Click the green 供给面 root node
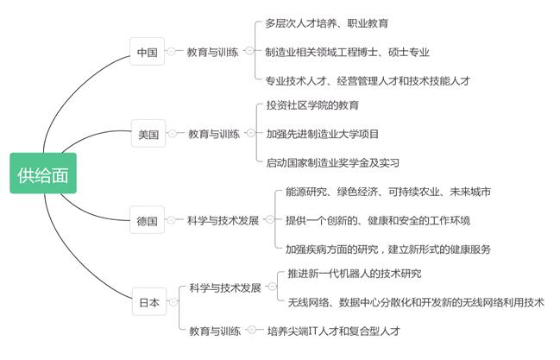(43, 174)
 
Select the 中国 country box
(148, 51)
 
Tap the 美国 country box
(148, 133)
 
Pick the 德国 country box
(148, 220)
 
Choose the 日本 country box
(149, 302)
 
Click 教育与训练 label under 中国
(212, 52)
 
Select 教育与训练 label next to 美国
(214, 134)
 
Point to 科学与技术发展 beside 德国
(223, 220)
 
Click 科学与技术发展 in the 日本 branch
(225, 287)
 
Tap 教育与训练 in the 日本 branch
(215, 331)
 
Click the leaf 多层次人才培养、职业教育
(326, 23)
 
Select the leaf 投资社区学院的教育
(312, 105)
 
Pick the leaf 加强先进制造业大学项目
(323, 134)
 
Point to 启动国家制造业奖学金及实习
(333, 162)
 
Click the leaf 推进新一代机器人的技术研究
(355, 274)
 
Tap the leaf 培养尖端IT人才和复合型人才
(334, 331)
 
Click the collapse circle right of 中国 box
(172, 51)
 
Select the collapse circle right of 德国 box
(172, 220)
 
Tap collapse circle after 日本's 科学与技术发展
(272, 287)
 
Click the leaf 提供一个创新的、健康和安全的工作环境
(378, 220)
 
